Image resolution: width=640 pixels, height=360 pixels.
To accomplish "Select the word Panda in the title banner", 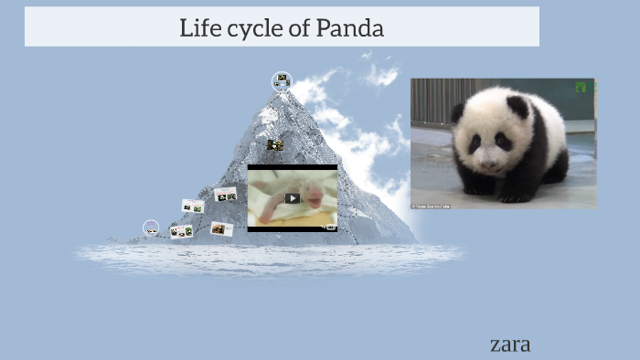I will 350,27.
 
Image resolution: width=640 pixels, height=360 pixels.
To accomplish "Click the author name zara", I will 510,344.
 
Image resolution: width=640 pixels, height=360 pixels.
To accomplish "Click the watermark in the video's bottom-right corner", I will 329,226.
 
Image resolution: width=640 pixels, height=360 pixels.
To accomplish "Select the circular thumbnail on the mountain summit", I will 282,81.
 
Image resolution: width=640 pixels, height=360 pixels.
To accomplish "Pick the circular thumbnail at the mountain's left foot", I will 151,228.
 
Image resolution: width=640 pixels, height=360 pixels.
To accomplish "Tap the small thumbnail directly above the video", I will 274,144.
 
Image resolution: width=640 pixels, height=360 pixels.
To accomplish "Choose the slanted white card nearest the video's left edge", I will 225,194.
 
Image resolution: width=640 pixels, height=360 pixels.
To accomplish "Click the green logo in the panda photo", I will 581,87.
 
